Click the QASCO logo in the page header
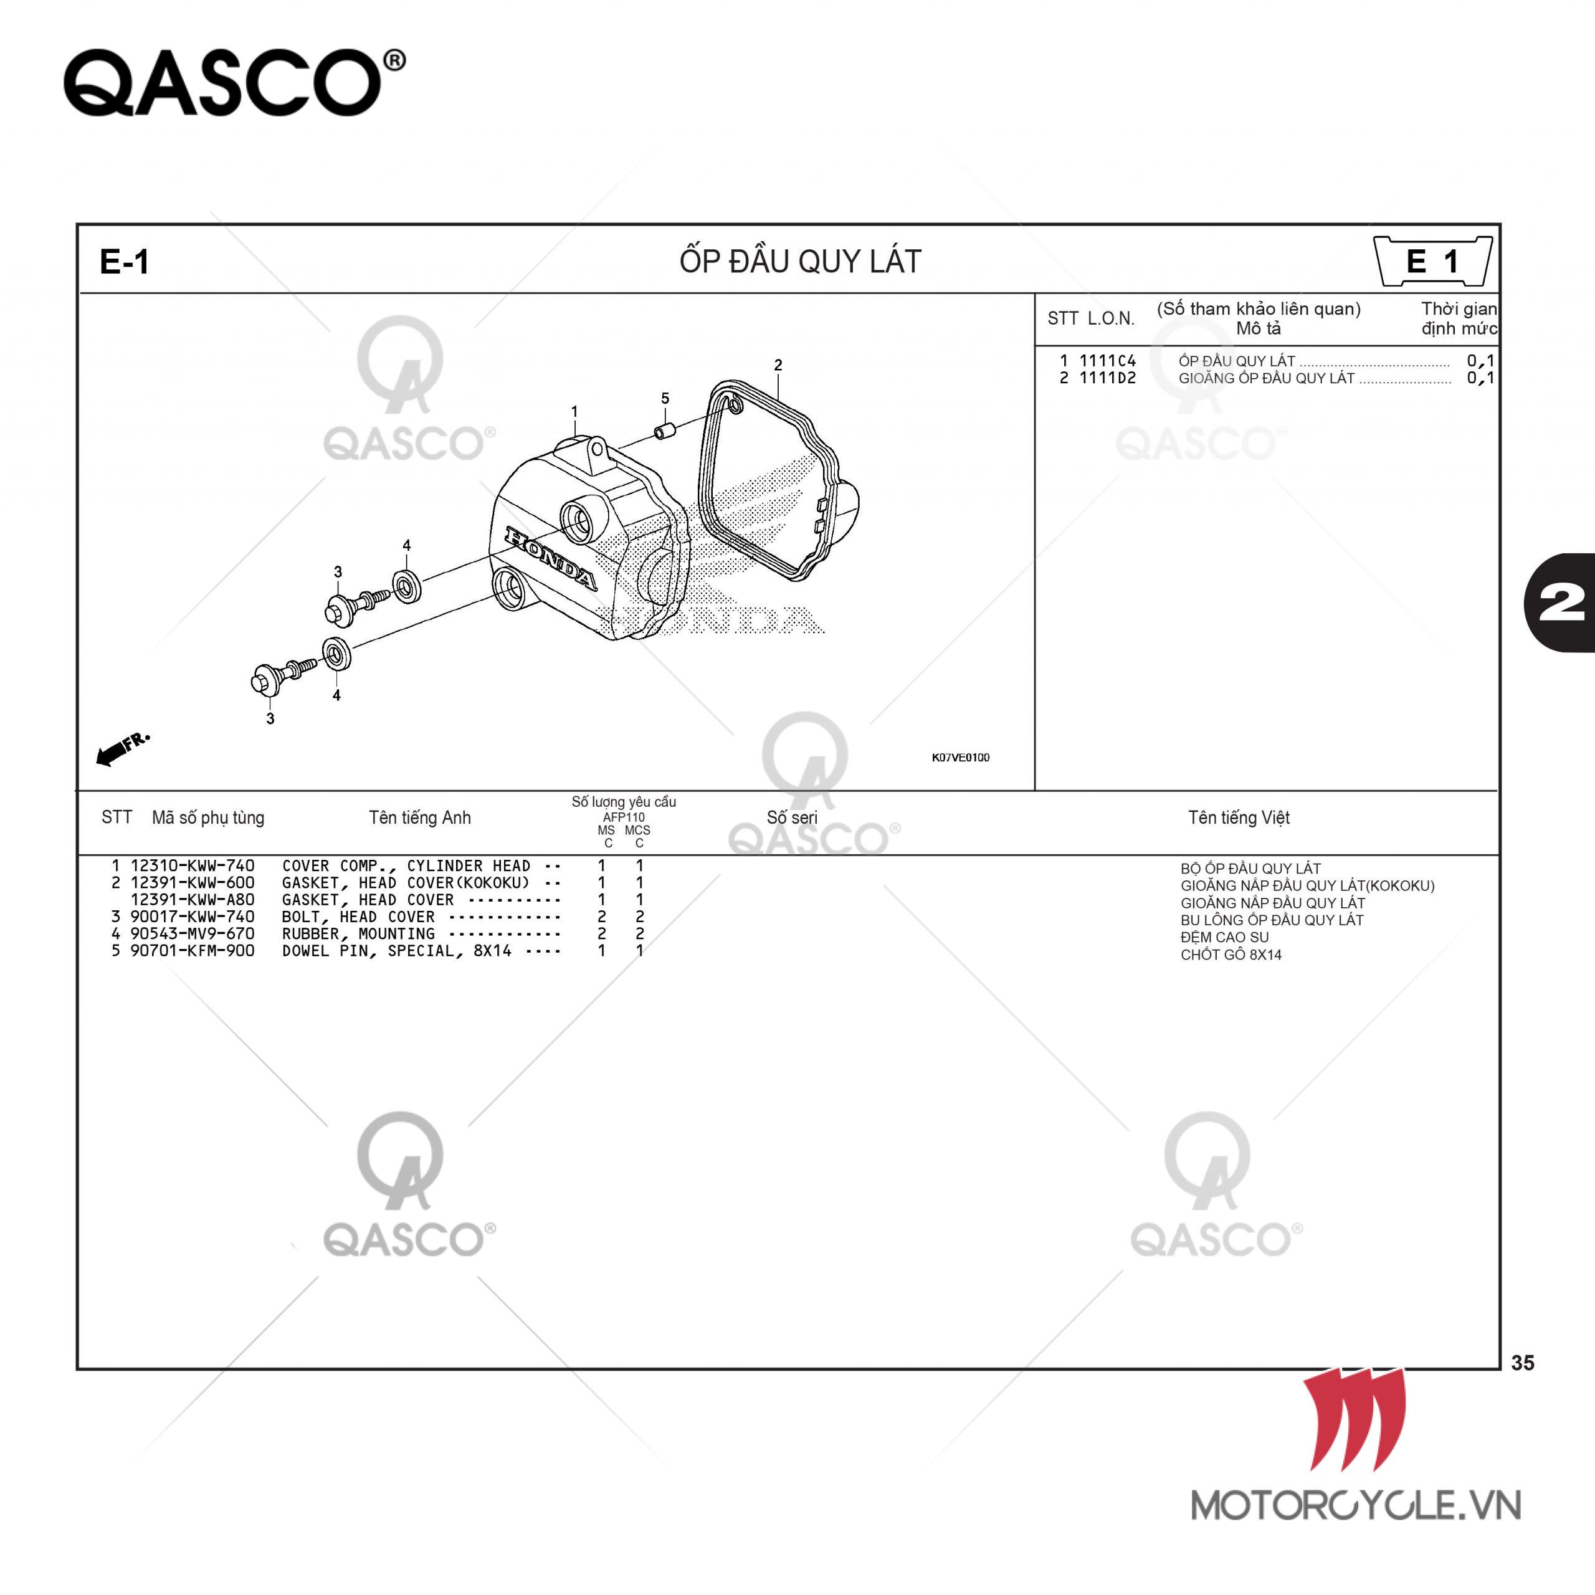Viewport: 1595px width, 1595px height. [234, 83]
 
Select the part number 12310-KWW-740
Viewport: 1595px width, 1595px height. [193, 865]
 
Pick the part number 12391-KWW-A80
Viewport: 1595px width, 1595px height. [193, 899]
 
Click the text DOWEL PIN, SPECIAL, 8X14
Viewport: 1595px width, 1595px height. [396, 950]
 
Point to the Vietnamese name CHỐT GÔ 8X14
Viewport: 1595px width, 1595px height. [1230, 955]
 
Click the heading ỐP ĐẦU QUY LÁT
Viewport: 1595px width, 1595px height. [799, 261]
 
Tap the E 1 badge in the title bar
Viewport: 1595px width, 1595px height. [1432, 261]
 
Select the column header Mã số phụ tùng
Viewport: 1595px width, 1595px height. [208, 817]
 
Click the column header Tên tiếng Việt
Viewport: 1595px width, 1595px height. [1239, 817]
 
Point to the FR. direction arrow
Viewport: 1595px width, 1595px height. [124, 748]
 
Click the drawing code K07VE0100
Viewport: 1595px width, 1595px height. [960, 757]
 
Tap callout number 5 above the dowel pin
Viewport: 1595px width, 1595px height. [665, 398]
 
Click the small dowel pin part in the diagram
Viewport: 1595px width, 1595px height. [665, 432]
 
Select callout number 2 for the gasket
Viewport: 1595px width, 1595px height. [778, 365]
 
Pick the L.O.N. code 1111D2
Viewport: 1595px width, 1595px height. [1107, 378]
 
